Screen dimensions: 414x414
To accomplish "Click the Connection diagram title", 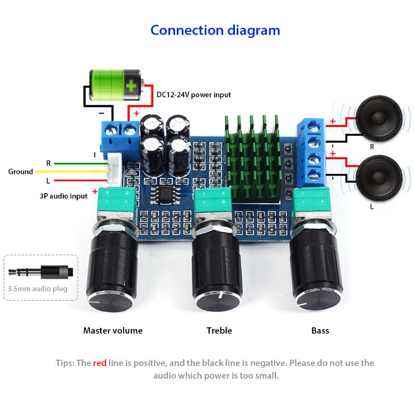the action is click(215, 31).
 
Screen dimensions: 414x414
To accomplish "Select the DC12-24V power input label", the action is click(194, 95).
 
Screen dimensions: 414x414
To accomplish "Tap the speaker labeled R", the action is click(379, 118).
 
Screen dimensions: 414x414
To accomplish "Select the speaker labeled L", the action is click(379, 178).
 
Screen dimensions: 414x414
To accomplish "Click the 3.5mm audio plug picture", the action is click(41, 272).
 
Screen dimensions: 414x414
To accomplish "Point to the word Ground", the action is click(21, 172).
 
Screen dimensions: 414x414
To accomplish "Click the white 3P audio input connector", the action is click(114, 169).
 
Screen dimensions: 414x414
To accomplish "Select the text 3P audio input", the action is click(64, 196).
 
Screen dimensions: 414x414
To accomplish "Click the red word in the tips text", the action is click(100, 363).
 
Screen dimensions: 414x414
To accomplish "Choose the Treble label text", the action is click(219, 331).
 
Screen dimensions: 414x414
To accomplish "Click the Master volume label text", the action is click(113, 331).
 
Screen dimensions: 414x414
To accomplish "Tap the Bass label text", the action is click(320, 331).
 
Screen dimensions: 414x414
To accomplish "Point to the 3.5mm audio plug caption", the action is click(37, 289).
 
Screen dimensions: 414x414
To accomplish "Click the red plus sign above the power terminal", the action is click(137, 113).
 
